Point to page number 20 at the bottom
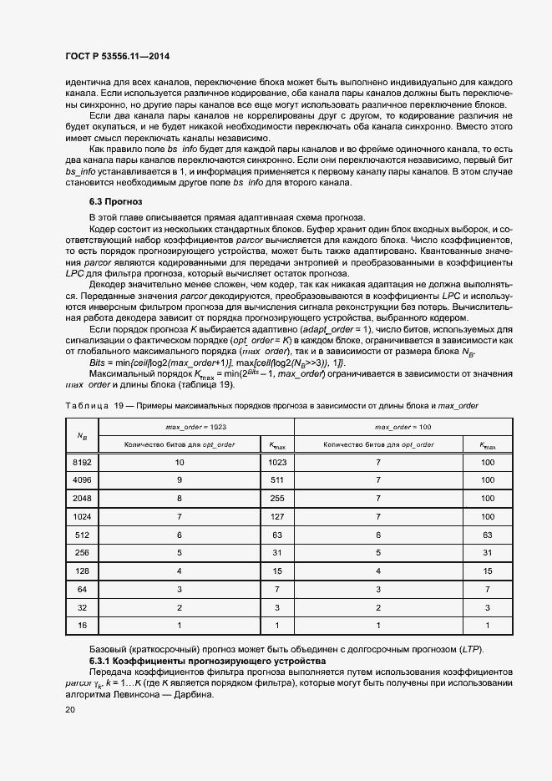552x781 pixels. (x=69, y=709)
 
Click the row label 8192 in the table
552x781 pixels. (x=81, y=461)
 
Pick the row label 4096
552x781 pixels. (x=81, y=480)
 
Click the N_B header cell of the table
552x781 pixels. (x=81, y=436)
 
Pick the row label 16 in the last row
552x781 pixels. (x=81, y=625)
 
